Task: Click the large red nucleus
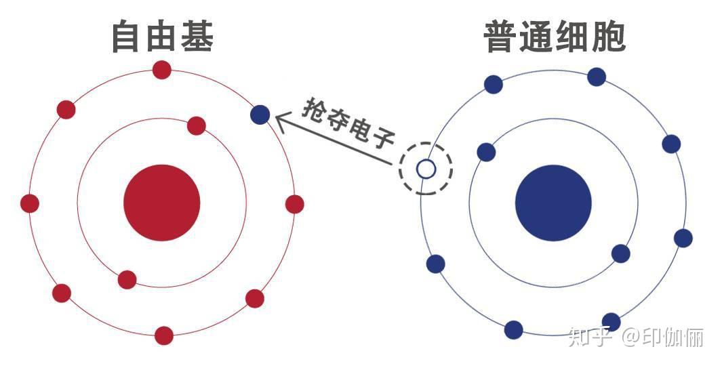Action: (x=162, y=203)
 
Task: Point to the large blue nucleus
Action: (x=553, y=203)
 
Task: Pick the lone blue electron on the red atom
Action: (x=260, y=115)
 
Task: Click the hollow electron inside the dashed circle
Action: (x=425, y=168)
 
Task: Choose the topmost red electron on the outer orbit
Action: (x=161, y=70)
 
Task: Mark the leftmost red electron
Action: (x=30, y=203)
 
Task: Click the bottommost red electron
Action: (x=164, y=335)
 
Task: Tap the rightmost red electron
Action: (x=294, y=204)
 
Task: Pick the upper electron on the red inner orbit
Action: (x=196, y=125)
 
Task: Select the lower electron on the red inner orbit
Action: (x=127, y=279)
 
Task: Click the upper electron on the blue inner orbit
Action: (x=486, y=152)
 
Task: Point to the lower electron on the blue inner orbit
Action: (x=620, y=253)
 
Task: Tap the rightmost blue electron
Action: (x=683, y=238)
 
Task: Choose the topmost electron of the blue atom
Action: (x=597, y=77)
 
